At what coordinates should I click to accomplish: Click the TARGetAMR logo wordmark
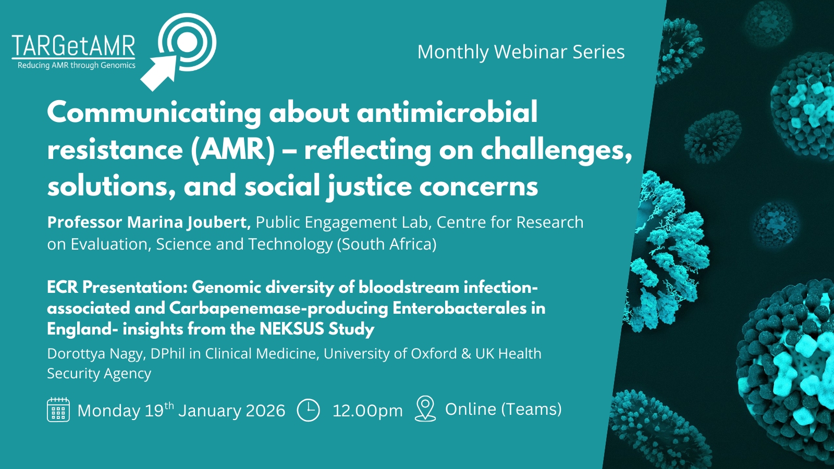(x=73, y=46)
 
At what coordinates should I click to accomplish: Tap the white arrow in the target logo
(x=158, y=73)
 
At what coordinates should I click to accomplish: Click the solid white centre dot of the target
(x=187, y=42)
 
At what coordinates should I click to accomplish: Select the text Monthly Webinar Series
(x=521, y=52)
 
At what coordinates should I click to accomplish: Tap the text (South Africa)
(x=387, y=244)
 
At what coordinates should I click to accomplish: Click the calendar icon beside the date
(x=58, y=410)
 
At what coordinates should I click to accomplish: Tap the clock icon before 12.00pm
(x=308, y=410)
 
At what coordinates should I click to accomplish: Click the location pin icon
(x=425, y=409)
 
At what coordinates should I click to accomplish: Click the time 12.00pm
(x=367, y=411)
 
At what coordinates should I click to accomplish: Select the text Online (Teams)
(x=504, y=410)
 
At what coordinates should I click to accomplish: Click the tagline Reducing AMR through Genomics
(x=76, y=66)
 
